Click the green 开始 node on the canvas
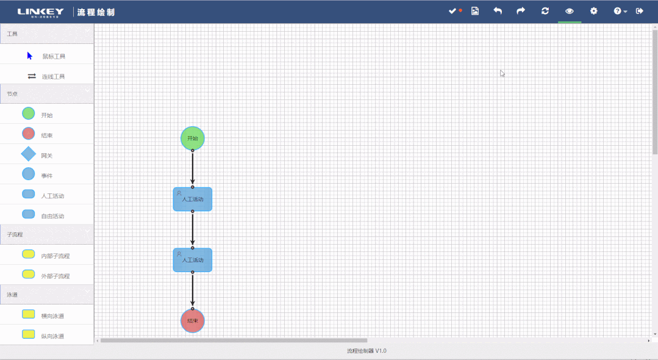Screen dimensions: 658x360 [193, 138]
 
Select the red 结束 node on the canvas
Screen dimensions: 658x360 [193, 320]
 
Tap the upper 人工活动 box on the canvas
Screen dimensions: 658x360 [193, 199]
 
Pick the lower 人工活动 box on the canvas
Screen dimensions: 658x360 [193, 260]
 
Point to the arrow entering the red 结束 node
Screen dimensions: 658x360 [193, 290]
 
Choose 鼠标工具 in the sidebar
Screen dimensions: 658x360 [53, 56]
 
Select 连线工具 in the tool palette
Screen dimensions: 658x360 [53, 76]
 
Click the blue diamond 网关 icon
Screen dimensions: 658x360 [29, 154]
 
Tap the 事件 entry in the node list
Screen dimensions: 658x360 [46, 176]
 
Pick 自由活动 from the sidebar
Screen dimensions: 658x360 [52, 216]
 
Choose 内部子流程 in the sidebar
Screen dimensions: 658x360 [55, 256]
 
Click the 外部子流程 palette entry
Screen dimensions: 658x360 [55, 276]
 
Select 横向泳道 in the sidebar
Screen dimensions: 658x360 [52, 315]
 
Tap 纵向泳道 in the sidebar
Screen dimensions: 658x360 [52, 336]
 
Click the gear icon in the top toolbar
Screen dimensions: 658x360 [593, 11]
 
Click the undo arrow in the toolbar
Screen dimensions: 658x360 [498, 11]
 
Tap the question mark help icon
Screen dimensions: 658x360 [618, 11]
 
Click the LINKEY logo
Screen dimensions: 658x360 [40, 12]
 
